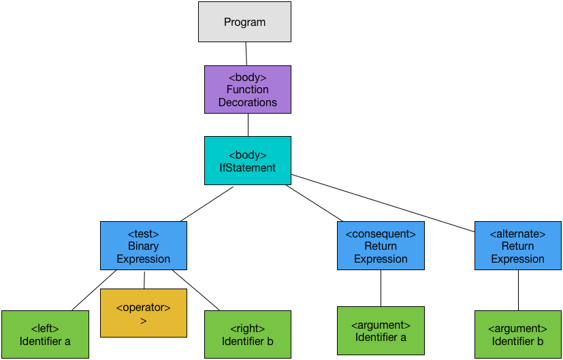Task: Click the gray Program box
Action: [x=244, y=22]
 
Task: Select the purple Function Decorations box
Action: [x=247, y=89]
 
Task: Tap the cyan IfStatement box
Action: [x=247, y=161]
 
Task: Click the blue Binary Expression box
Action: [x=143, y=246]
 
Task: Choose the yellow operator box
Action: [x=143, y=313]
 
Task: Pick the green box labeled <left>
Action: [x=45, y=335]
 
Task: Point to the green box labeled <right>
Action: [x=247, y=335]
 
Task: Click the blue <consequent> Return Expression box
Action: [x=381, y=246]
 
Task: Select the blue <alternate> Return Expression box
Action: [x=517, y=246]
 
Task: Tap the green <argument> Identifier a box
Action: [x=381, y=331]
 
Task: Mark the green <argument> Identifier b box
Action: [x=517, y=335]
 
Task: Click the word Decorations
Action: [x=247, y=103]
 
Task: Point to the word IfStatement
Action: [x=247, y=168]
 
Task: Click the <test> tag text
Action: [x=143, y=233]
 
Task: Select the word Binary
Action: [x=143, y=246]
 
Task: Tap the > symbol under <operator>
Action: [x=143, y=321]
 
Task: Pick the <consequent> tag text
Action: [x=381, y=233]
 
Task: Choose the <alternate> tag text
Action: [x=517, y=233]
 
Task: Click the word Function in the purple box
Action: [x=247, y=90]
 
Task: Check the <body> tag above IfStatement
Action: [x=247, y=155]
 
